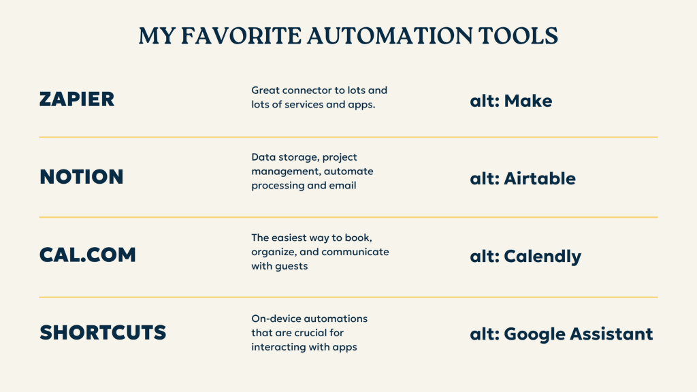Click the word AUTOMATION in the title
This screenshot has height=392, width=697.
389,36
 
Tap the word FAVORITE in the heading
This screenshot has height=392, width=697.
241,36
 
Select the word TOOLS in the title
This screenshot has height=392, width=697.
518,36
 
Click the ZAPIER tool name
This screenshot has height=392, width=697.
77,99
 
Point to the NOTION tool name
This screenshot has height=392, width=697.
82,177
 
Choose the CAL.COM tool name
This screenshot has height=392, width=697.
88,255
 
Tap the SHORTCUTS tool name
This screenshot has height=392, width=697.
103,332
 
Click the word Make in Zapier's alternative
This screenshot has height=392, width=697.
528,101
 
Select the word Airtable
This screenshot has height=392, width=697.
540,179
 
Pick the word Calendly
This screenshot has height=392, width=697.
542,257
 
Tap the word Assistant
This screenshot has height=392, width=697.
612,334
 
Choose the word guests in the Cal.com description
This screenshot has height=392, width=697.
291,267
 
